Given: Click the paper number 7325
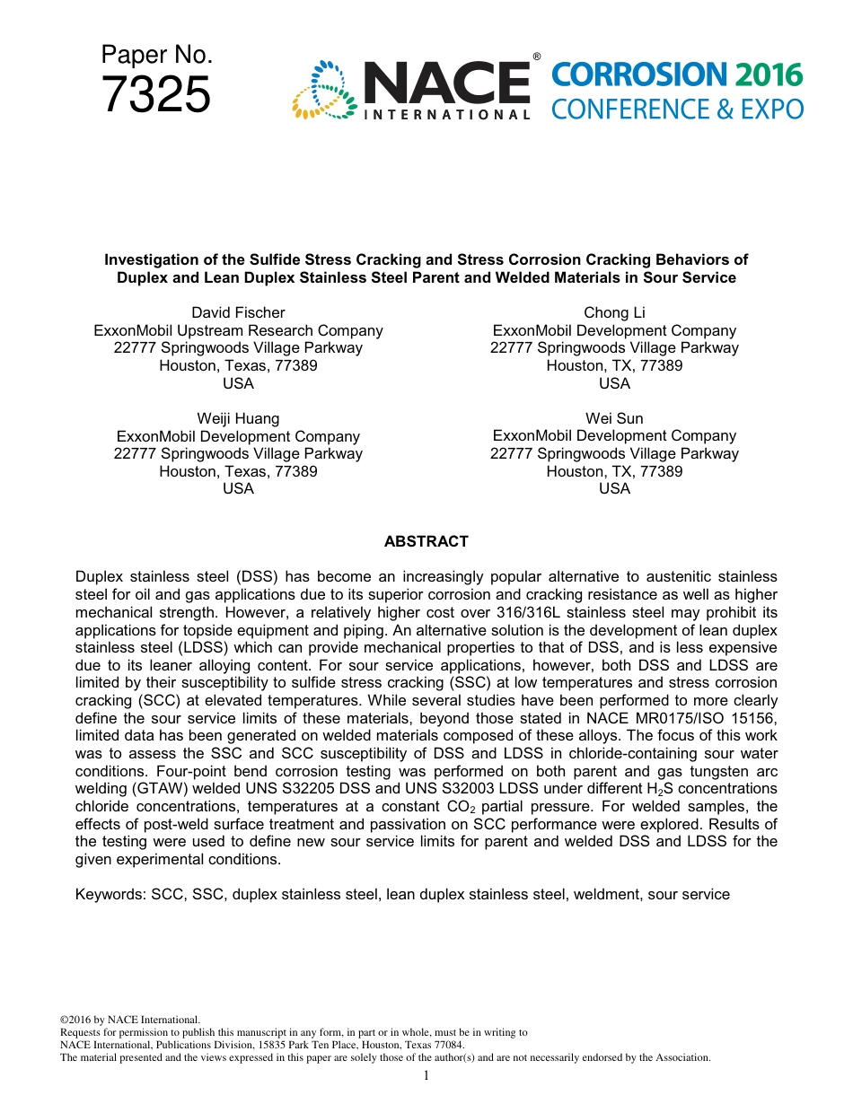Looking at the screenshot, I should (x=156, y=95).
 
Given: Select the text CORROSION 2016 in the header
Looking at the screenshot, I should (x=677, y=75).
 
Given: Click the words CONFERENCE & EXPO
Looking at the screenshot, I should (x=677, y=110).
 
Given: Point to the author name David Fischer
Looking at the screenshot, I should (x=238, y=312).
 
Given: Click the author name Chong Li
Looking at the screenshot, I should (x=614, y=312).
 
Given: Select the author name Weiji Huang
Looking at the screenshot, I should (x=238, y=418).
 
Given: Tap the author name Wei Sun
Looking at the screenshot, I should (x=614, y=418).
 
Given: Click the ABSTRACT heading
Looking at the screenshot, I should (x=426, y=541).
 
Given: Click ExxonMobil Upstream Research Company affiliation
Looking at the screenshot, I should (x=238, y=330).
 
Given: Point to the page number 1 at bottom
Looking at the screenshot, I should (x=426, y=1075).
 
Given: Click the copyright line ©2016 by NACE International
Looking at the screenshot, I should (x=129, y=1020).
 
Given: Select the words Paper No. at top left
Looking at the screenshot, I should (x=156, y=55).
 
